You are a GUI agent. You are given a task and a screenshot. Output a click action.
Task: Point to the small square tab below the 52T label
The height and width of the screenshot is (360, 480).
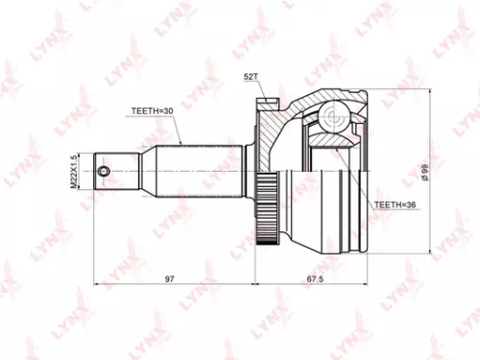(x=262, y=101)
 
